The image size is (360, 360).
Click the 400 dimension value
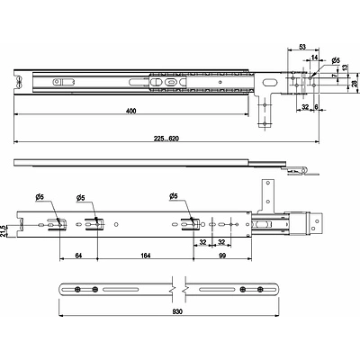pyautogui.click(x=131, y=111)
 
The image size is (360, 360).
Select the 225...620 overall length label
pyautogui.click(x=166, y=139)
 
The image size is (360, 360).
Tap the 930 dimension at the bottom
pyautogui.click(x=177, y=311)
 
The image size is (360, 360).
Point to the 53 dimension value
pyautogui.click(x=302, y=47)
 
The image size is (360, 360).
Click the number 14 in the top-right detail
pyautogui.click(x=314, y=58)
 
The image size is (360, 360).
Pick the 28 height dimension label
pyautogui.click(x=355, y=84)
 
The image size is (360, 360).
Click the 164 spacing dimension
pyautogui.click(x=145, y=256)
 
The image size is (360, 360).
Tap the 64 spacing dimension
pyautogui.click(x=78, y=256)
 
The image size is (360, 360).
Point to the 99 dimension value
pyautogui.click(x=222, y=256)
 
